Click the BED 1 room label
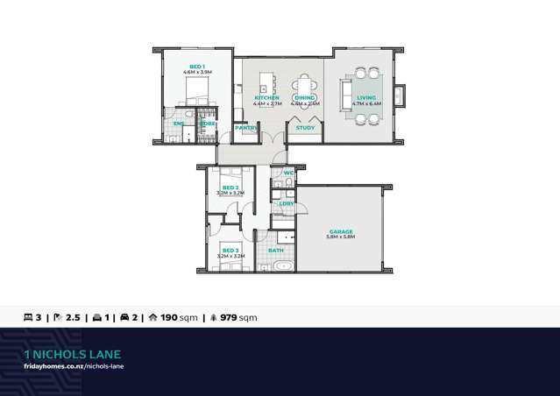[x=197, y=67]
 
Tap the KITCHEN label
[x=266, y=97]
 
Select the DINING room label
[x=305, y=97]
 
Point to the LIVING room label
[x=366, y=97]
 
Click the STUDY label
[x=305, y=128]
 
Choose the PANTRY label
[x=245, y=128]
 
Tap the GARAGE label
[x=341, y=231]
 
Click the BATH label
[x=276, y=251]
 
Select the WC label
[x=288, y=173]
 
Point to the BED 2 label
[x=230, y=187]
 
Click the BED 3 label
[x=230, y=251]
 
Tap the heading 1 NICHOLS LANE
[x=73, y=354]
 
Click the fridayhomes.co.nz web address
[x=74, y=365]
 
